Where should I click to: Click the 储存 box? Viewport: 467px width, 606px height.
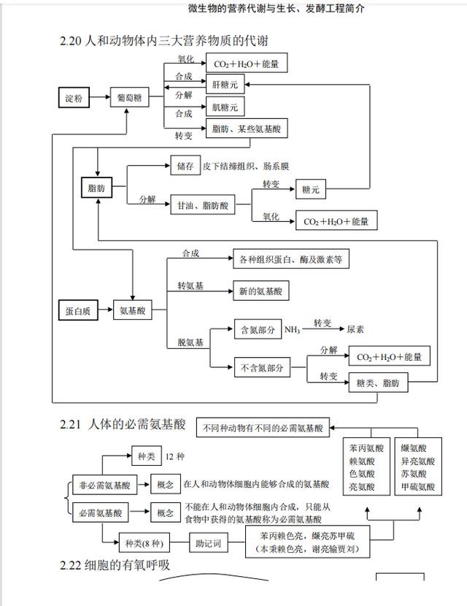pyautogui.click(x=185, y=166)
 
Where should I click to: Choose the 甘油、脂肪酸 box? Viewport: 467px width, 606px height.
pyautogui.click(x=202, y=206)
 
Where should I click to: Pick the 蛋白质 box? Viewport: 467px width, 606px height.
pyautogui.click(x=77, y=310)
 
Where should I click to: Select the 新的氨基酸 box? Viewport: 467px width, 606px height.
pyautogui.click(x=260, y=291)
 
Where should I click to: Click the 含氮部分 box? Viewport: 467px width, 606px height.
pyautogui.click(x=257, y=330)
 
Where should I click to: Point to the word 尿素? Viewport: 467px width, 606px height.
pyautogui.click(x=356, y=330)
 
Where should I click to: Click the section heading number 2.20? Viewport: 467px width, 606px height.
pyautogui.click(x=72, y=40)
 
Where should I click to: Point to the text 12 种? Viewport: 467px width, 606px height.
pyautogui.click(x=175, y=456)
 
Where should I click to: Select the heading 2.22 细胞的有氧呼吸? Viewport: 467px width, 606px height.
pyautogui.click(x=120, y=566)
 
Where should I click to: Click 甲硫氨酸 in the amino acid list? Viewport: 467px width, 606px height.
pyautogui.click(x=417, y=487)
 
